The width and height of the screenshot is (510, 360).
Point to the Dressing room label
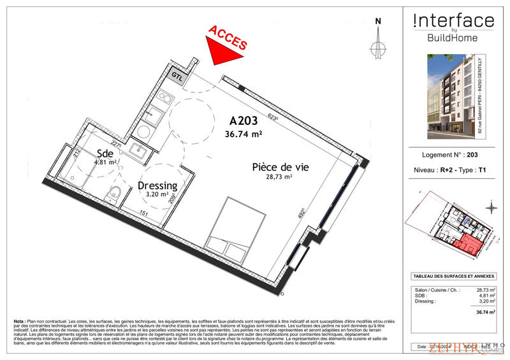pos(157,185)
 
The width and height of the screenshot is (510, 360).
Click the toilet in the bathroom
pos(114,196)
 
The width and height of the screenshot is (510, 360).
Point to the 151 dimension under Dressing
pos(144,213)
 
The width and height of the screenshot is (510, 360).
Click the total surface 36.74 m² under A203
pos(244,134)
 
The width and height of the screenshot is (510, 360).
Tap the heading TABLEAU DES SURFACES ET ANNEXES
pos(453,276)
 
